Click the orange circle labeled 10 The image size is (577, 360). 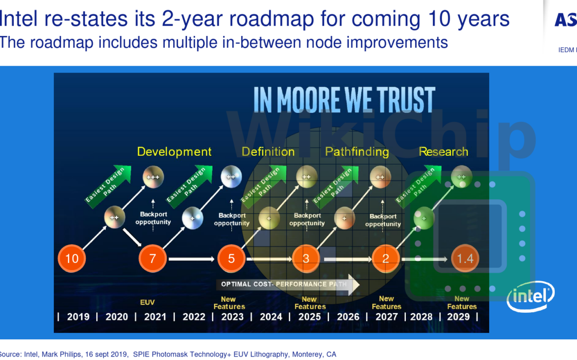(72, 258)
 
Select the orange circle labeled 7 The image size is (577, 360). (153, 258)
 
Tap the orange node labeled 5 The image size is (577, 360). (231, 258)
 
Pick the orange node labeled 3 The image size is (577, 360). (306, 258)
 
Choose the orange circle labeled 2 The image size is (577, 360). (386, 258)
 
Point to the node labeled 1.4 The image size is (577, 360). (465, 258)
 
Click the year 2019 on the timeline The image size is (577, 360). (78, 317)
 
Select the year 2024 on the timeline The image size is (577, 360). (271, 317)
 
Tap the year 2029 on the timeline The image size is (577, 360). (458, 317)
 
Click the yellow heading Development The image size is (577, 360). (174, 151)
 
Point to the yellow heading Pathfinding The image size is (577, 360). (357, 151)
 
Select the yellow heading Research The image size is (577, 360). (443, 151)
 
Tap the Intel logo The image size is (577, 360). (531, 296)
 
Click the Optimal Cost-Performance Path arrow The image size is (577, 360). (288, 285)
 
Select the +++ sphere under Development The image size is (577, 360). (153, 177)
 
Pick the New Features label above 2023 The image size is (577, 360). (229, 303)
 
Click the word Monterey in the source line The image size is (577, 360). (308, 354)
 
